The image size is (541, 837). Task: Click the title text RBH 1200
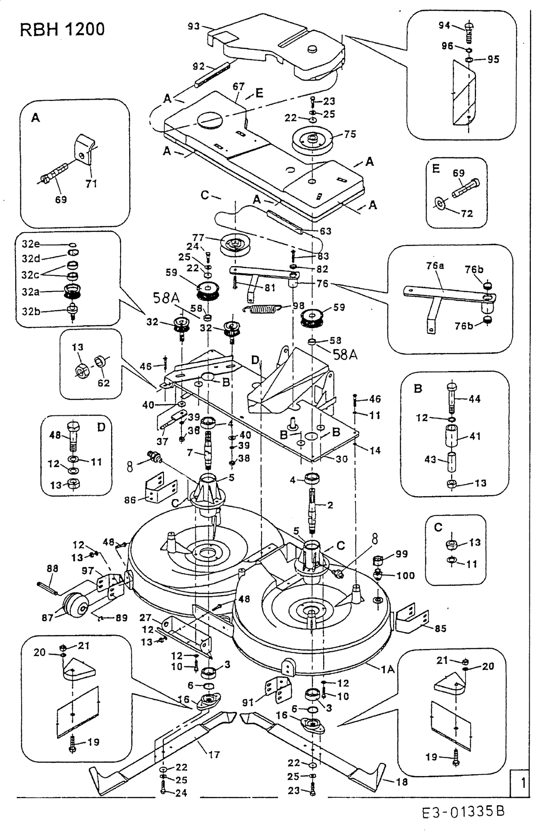click(62, 29)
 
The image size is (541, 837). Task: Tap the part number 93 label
click(194, 26)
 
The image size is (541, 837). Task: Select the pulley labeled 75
click(313, 139)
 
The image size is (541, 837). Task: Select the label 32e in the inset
click(31, 244)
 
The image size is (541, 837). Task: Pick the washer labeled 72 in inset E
click(440, 203)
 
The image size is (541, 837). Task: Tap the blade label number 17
click(214, 754)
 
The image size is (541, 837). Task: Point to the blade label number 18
click(402, 781)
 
